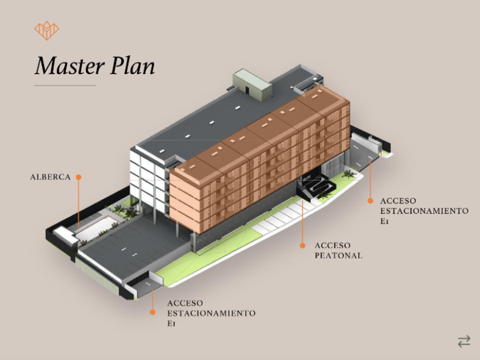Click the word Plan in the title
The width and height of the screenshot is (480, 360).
(x=133, y=66)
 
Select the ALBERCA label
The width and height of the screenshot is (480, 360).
(x=50, y=177)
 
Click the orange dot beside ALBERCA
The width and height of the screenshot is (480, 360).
(x=79, y=177)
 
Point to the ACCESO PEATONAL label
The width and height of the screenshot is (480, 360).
(x=338, y=250)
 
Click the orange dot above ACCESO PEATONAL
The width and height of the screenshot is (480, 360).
(x=302, y=245)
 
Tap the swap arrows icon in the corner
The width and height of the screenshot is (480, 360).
(x=464, y=341)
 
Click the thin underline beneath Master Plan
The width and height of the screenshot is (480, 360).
(x=65, y=86)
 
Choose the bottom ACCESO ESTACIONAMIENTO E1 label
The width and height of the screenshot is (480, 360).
(x=211, y=313)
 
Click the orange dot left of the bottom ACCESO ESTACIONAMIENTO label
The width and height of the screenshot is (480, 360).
(x=153, y=312)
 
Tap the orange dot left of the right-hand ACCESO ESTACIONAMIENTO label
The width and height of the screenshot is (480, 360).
(x=370, y=201)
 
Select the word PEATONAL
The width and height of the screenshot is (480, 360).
(x=338, y=255)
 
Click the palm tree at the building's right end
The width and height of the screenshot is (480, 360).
(x=349, y=173)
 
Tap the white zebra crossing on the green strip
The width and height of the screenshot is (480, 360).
(x=280, y=220)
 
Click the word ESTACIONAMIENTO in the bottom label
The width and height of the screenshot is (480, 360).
(x=211, y=313)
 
